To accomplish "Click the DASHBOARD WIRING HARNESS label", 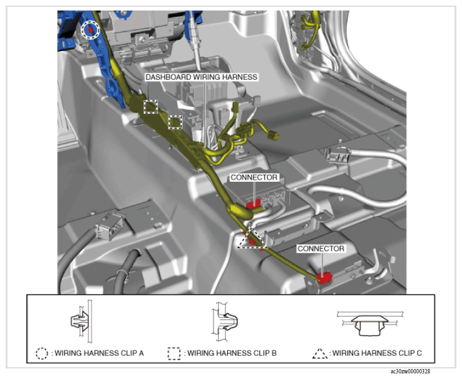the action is (x=202, y=77).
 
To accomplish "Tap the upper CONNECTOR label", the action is (x=253, y=177).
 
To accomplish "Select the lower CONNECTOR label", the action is (x=321, y=249).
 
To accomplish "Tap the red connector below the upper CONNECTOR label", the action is (x=253, y=204).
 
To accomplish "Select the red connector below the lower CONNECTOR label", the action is (x=324, y=278).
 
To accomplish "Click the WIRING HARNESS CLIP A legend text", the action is (x=99, y=353).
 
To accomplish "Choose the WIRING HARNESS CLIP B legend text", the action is (x=232, y=353).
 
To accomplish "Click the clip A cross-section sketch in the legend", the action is (x=82, y=321).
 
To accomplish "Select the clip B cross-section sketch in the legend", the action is (x=225, y=321).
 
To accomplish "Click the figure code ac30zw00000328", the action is (x=410, y=372).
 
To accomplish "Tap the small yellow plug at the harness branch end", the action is (x=274, y=136).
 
